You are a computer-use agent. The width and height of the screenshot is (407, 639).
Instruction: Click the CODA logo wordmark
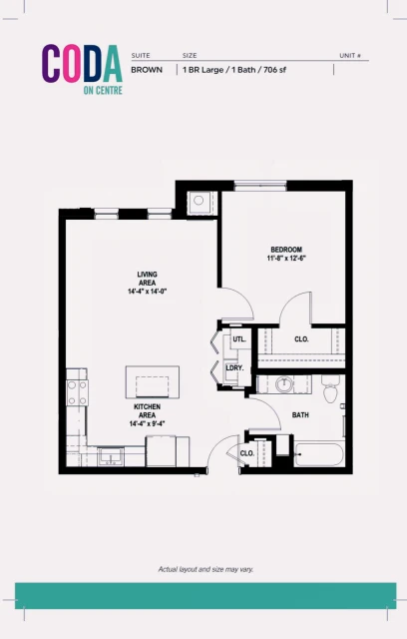point(82,63)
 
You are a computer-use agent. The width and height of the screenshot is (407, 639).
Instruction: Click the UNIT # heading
point(349,56)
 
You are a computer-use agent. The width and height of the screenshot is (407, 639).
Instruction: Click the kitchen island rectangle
point(153,383)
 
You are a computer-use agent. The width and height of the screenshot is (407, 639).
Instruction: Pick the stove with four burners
point(77,388)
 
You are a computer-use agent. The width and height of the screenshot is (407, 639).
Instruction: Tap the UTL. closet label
point(238,339)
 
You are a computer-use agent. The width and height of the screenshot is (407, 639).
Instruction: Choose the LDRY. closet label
point(235,368)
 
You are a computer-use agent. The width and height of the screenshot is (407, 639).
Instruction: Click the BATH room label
point(300,414)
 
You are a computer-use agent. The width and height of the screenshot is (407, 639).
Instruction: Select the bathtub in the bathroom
point(318,455)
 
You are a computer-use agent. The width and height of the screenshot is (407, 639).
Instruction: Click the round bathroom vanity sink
point(283,382)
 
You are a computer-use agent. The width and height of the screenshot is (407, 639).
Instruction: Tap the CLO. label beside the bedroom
point(301,339)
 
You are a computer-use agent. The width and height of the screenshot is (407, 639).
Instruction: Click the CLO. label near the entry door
point(247,453)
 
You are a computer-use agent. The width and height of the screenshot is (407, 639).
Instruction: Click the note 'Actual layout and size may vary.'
point(203,569)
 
